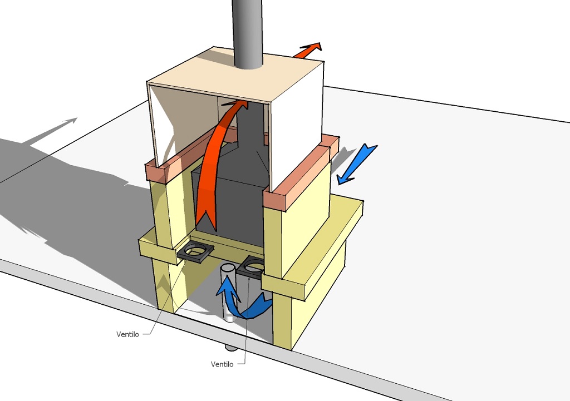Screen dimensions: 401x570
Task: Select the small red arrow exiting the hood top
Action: tap(309, 51)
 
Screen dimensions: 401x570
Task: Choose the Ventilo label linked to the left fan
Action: tap(129, 334)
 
